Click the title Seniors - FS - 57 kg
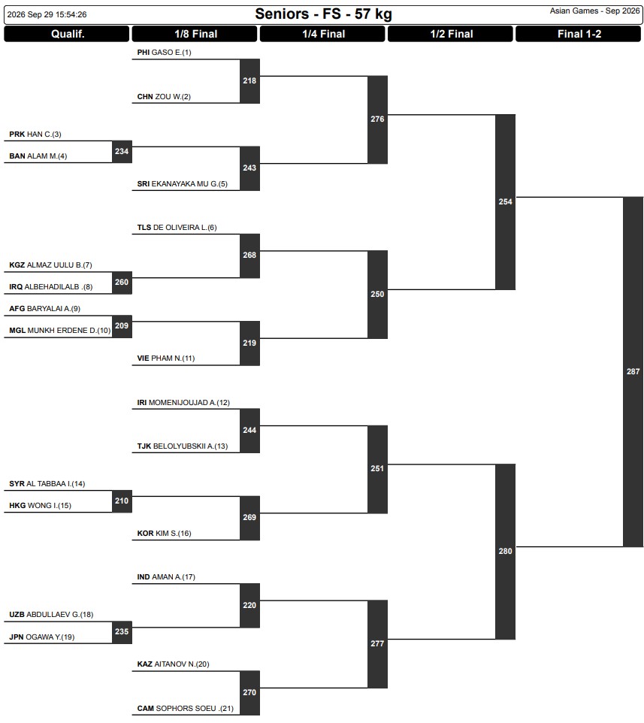(x=323, y=14)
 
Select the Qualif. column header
(x=67, y=34)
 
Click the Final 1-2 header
(x=579, y=34)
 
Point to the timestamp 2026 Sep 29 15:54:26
(x=47, y=14)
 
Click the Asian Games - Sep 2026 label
(x=594, y=11)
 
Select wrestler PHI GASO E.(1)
(x=164, y=52)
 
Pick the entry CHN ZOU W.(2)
(x=164, y=96)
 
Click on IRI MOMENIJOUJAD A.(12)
(x=183, y=403)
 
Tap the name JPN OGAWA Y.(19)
(x=42, y=637)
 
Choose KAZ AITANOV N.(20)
(x=174, y=664)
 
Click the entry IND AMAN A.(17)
(x=166, y=577)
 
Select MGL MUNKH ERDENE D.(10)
(x=60, y=330)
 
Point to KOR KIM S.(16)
(x=164, y=533)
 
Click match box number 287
(x=633, y=371)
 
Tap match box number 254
(x=505, y=202)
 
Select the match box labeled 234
(x=122, y=151)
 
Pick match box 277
(x=377, y=643)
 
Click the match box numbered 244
(x=249, y=430)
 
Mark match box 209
(x=122, y=326)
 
